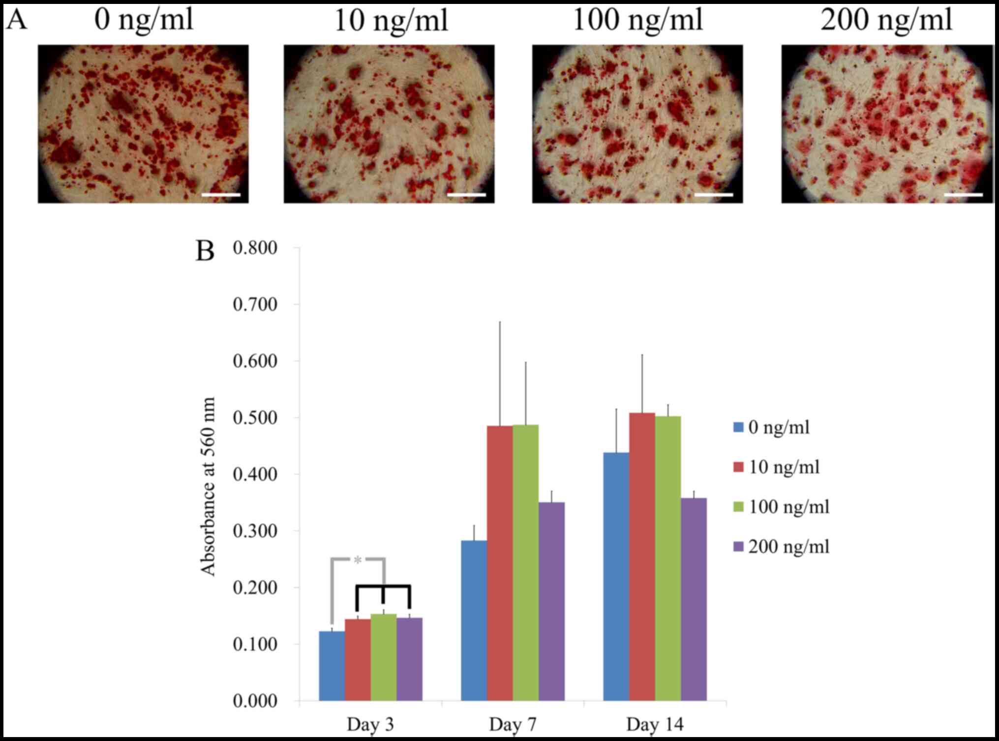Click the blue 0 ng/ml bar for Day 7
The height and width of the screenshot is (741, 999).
pyautogui.click(x=474, y=620)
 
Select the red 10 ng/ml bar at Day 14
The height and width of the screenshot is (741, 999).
pyautogui.click(x=642, y=556)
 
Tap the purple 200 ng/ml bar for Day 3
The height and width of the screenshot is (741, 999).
pyautogui.click(x=409, y=659)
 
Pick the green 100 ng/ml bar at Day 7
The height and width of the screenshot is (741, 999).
pyautogui.click(x=525, y=561)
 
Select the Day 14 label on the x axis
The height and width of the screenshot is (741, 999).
pyautogui.click(x=655, y=725)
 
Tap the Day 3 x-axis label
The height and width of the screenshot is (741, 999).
pyautogui.click(x=370, y=725)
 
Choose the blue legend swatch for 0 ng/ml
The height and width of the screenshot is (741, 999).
pyautogui.click(x=738, y=427)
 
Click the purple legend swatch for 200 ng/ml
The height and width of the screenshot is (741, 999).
pyautogui.click(x=738, y=546)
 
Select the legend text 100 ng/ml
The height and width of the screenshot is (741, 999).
pyautogui.click(x=788, y=506)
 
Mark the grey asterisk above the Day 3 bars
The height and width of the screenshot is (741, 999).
pyautogui.click(x=358, y=560)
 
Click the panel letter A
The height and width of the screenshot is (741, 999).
pyautogui.click(x=17, y=21)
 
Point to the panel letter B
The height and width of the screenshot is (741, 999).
pyautogui.click(x=205, y=251)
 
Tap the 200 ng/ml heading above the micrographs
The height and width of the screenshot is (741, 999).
pyautogui.click(x=886, y=21)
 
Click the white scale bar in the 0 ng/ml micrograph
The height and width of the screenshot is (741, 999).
pyautogui.click(x=221, y=195)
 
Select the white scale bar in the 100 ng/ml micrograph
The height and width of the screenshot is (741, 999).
pyautogui.click(x=714, y=195)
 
